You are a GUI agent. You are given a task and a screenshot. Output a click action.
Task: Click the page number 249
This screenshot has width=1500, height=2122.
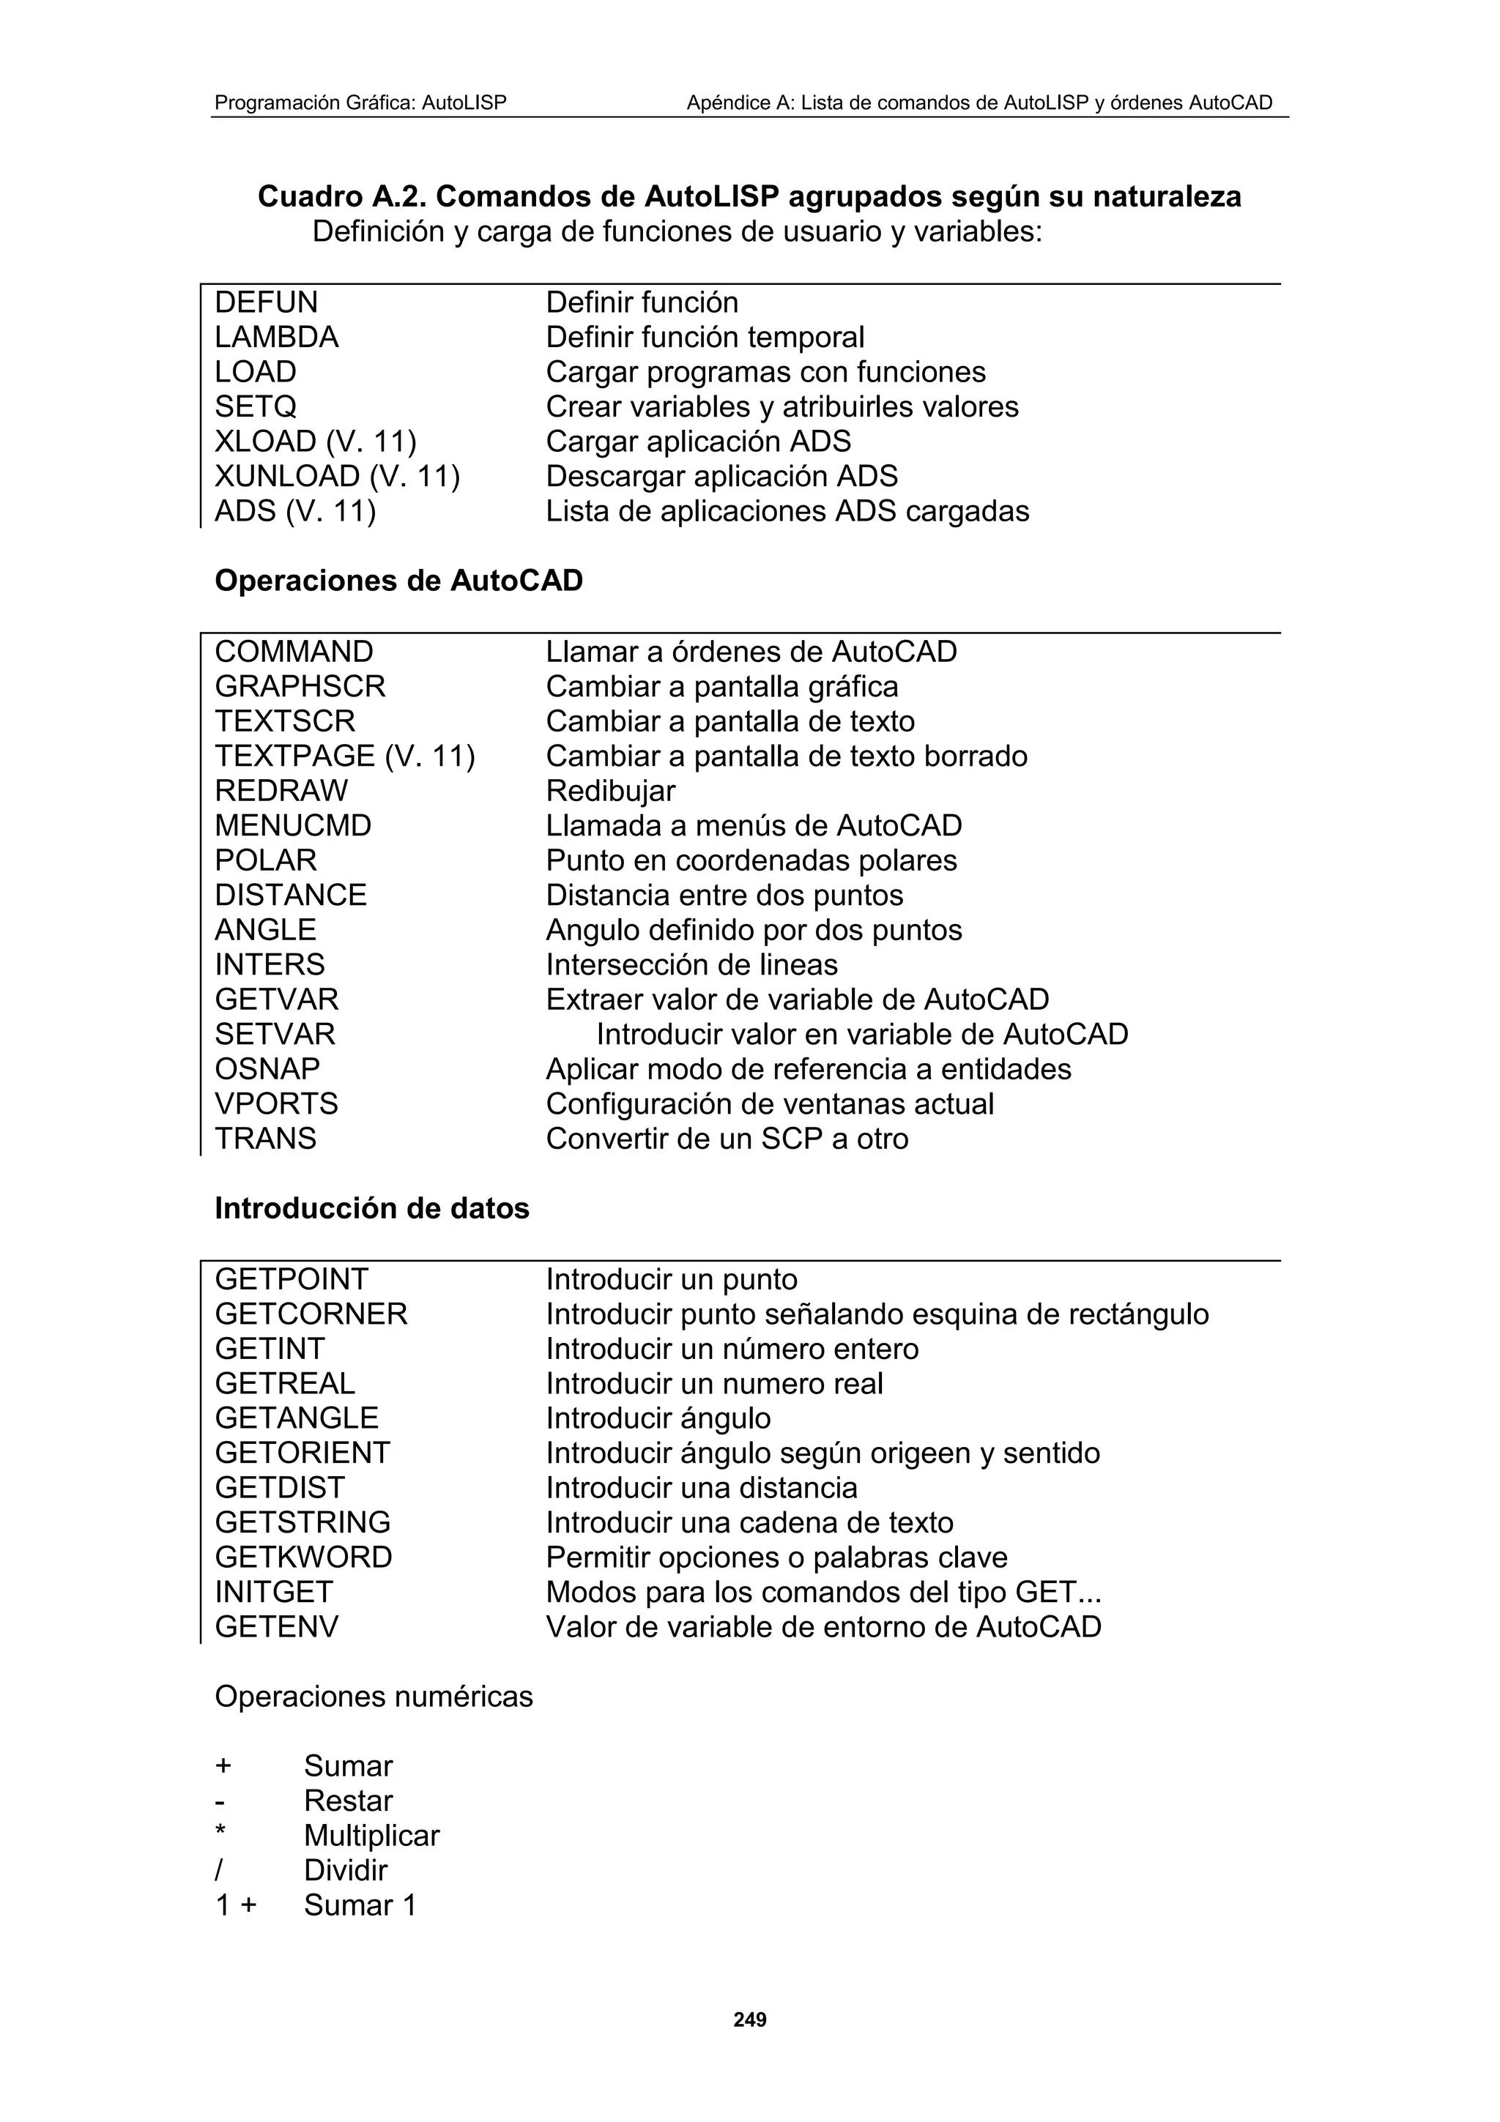point(749,2019)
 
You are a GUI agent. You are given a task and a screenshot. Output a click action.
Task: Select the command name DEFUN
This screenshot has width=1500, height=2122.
point(266,302)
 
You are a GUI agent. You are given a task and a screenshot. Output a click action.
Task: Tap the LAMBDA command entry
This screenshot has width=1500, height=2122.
point(276,338)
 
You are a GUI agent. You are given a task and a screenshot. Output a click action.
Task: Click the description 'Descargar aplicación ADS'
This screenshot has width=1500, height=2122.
point(721,476)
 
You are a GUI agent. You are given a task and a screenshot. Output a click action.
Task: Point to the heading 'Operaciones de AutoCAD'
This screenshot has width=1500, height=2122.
point(398,581)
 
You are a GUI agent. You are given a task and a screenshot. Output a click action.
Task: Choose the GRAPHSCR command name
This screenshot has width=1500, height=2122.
point(300,687)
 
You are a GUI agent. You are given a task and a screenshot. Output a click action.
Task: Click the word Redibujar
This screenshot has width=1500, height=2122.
point(610,791)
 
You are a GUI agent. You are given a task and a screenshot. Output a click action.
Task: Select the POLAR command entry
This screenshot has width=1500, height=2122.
point(265,860)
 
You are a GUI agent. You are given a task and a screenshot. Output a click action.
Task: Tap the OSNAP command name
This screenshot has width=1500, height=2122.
point(267,1069)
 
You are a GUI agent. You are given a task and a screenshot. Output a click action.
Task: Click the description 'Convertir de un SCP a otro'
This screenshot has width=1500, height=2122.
point(727,1139)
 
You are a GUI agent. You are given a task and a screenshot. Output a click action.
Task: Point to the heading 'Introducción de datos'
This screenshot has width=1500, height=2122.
point(371,1208)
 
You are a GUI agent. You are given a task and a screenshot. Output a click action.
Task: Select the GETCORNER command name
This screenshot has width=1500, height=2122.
point(311,1314)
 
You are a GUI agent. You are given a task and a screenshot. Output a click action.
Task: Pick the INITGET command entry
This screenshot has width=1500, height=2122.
point(274,1592)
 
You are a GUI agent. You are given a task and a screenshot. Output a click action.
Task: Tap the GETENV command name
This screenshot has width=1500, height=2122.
point(276,1626)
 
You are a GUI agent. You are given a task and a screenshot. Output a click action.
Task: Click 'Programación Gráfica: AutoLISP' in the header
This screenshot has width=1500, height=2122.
point(360,103)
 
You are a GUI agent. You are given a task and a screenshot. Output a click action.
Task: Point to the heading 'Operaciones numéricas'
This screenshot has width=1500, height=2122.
point(374,1697)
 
